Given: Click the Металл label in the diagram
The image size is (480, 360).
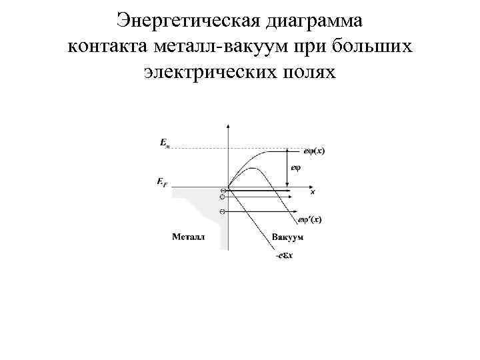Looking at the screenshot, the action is pyautogui.click(x=189, y=237).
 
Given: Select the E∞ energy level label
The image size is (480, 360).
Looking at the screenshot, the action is pyautogui.click(x=164, y=143).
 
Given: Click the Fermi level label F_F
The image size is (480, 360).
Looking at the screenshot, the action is pyautogui.click(x=163, y=181).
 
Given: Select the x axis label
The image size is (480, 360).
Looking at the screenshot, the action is pyautogui.click(x=313, y=192).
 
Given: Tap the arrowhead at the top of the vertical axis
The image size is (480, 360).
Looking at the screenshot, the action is pyautogui.click(x=229, y=126).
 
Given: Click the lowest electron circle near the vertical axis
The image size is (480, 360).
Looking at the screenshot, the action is pyautogui.click(x=222, y=211).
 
